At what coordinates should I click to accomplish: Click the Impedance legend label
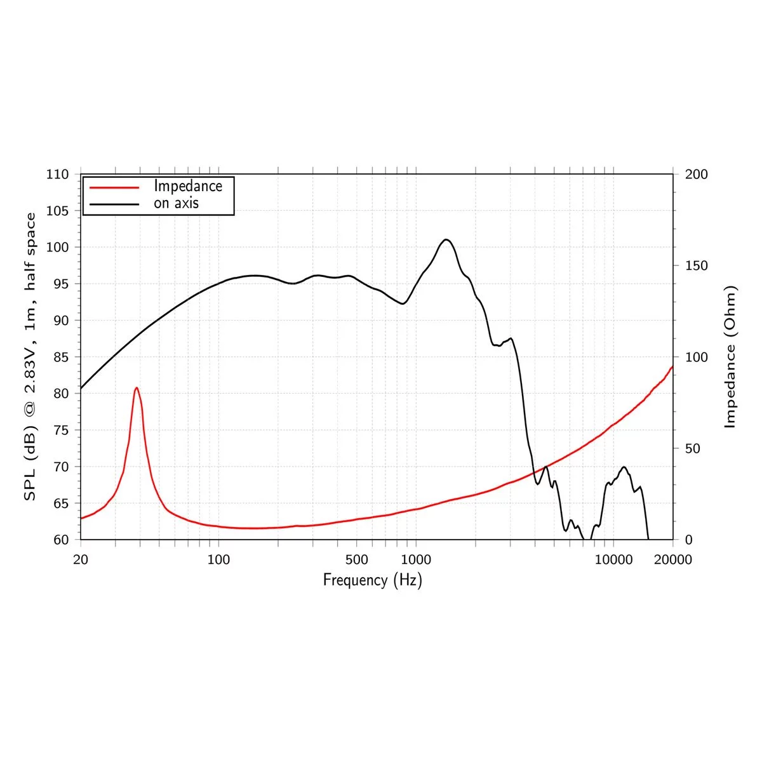click(188, 186)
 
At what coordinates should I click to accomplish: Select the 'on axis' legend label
click(176, 203)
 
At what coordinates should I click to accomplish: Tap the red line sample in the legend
click(114, 187)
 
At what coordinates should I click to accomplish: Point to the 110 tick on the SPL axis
click(57, 174)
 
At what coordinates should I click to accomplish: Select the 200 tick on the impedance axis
click(697, 174)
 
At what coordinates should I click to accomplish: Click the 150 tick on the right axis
click(697, 265)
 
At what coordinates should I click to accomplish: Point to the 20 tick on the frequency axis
click(81, 559)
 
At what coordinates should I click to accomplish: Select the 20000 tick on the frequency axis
click(672, 559)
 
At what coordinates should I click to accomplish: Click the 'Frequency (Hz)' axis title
click(372, 580)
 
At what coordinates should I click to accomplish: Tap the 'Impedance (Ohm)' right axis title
click(730, 357)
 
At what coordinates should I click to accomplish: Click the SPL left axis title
click(30, 357)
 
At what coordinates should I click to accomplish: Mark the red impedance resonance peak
click(137, 387)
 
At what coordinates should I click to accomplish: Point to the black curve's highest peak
click(446, 239)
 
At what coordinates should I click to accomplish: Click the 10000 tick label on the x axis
click(613, 559)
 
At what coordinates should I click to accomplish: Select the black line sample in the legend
click(114, 204)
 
